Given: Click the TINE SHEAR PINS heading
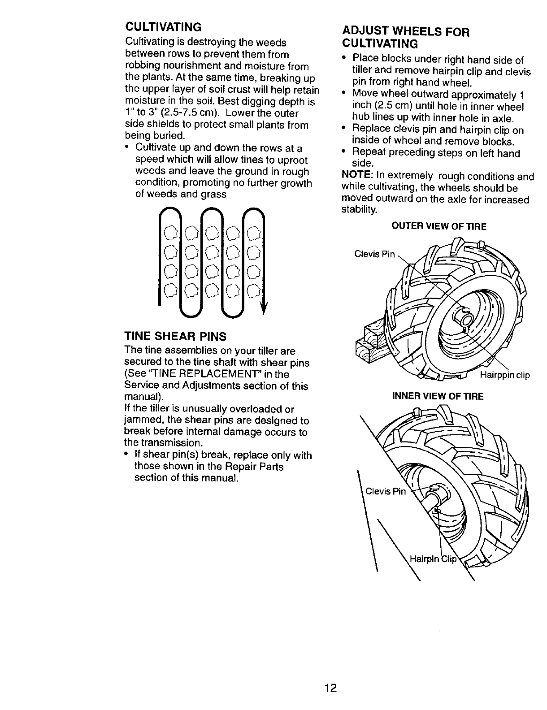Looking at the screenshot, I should (175, 336).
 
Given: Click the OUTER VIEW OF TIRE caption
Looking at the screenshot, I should (438, 227).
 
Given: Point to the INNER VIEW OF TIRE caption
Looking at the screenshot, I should (438, 396).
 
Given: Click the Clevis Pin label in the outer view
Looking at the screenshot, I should (375, 255).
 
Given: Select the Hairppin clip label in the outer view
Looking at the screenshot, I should (504, 375).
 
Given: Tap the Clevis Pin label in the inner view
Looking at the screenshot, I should (386, 492).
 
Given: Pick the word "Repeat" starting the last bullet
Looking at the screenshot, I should (368, 153).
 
